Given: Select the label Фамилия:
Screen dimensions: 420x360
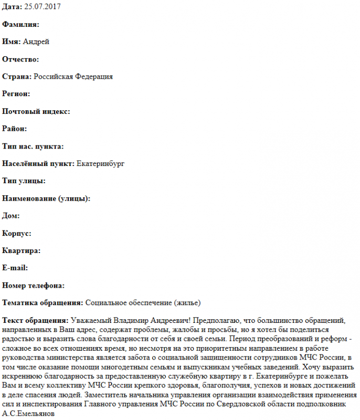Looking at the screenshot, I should click(x=21, y=24).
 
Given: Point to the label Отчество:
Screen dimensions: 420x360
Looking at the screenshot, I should click(x=21, y=59).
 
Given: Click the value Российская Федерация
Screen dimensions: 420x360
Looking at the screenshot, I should click(x=73, y=77).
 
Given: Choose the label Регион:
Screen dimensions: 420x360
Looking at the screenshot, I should click(x=16, y=94).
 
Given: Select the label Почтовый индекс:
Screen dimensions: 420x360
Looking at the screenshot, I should click(x=36, y=111).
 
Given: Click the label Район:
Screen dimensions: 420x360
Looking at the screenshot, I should click(x=15, y=129).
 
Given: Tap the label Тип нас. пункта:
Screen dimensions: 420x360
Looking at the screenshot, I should click(x=33, y=146).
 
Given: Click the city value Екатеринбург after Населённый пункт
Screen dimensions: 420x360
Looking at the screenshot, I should click(x=100, y=164).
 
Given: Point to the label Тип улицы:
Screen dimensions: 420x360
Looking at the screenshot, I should click(x=24, y=181).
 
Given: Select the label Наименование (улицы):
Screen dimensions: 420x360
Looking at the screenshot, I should click(x=46, y=198).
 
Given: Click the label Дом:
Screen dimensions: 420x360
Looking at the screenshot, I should click(x=11, y=216).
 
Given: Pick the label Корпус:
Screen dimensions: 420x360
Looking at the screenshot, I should click(x=17, y=233).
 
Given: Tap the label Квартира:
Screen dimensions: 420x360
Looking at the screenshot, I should click(x=22, y=250).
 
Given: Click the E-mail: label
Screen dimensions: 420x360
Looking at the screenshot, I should click(x=15, y=268).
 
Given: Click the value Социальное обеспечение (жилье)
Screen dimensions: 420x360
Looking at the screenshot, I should click(x=143, y=303).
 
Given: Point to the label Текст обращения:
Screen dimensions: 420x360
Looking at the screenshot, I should click(x=35, y=320).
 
